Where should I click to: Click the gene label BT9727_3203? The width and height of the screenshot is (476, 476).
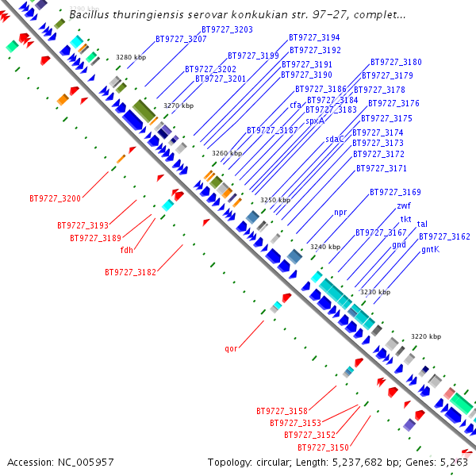(x=228, y=29)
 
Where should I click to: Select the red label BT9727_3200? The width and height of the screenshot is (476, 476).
(x=55, y=198)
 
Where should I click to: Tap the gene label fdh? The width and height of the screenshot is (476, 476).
(x=127, y=250)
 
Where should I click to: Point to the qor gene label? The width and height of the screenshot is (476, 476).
(x=231, y=347)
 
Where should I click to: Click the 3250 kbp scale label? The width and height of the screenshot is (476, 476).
(x=275, y=201)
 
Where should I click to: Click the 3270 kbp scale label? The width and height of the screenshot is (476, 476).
(x=178, y=106)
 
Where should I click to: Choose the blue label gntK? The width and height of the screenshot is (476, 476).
(x=430, y=249)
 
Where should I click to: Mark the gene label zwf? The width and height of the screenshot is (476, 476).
(x=404, y=205)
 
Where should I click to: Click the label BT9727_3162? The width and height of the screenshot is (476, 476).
(x=444, y=236)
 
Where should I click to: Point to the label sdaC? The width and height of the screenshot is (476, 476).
(x=335, y=139)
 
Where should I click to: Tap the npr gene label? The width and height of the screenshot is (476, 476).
(x=340, y=212)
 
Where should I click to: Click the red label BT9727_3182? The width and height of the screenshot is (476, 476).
(x=130, y=272)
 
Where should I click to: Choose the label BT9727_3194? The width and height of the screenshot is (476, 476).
(x=314, y=37)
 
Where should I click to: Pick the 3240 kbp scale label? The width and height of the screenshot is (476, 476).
(x=324, y=248)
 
